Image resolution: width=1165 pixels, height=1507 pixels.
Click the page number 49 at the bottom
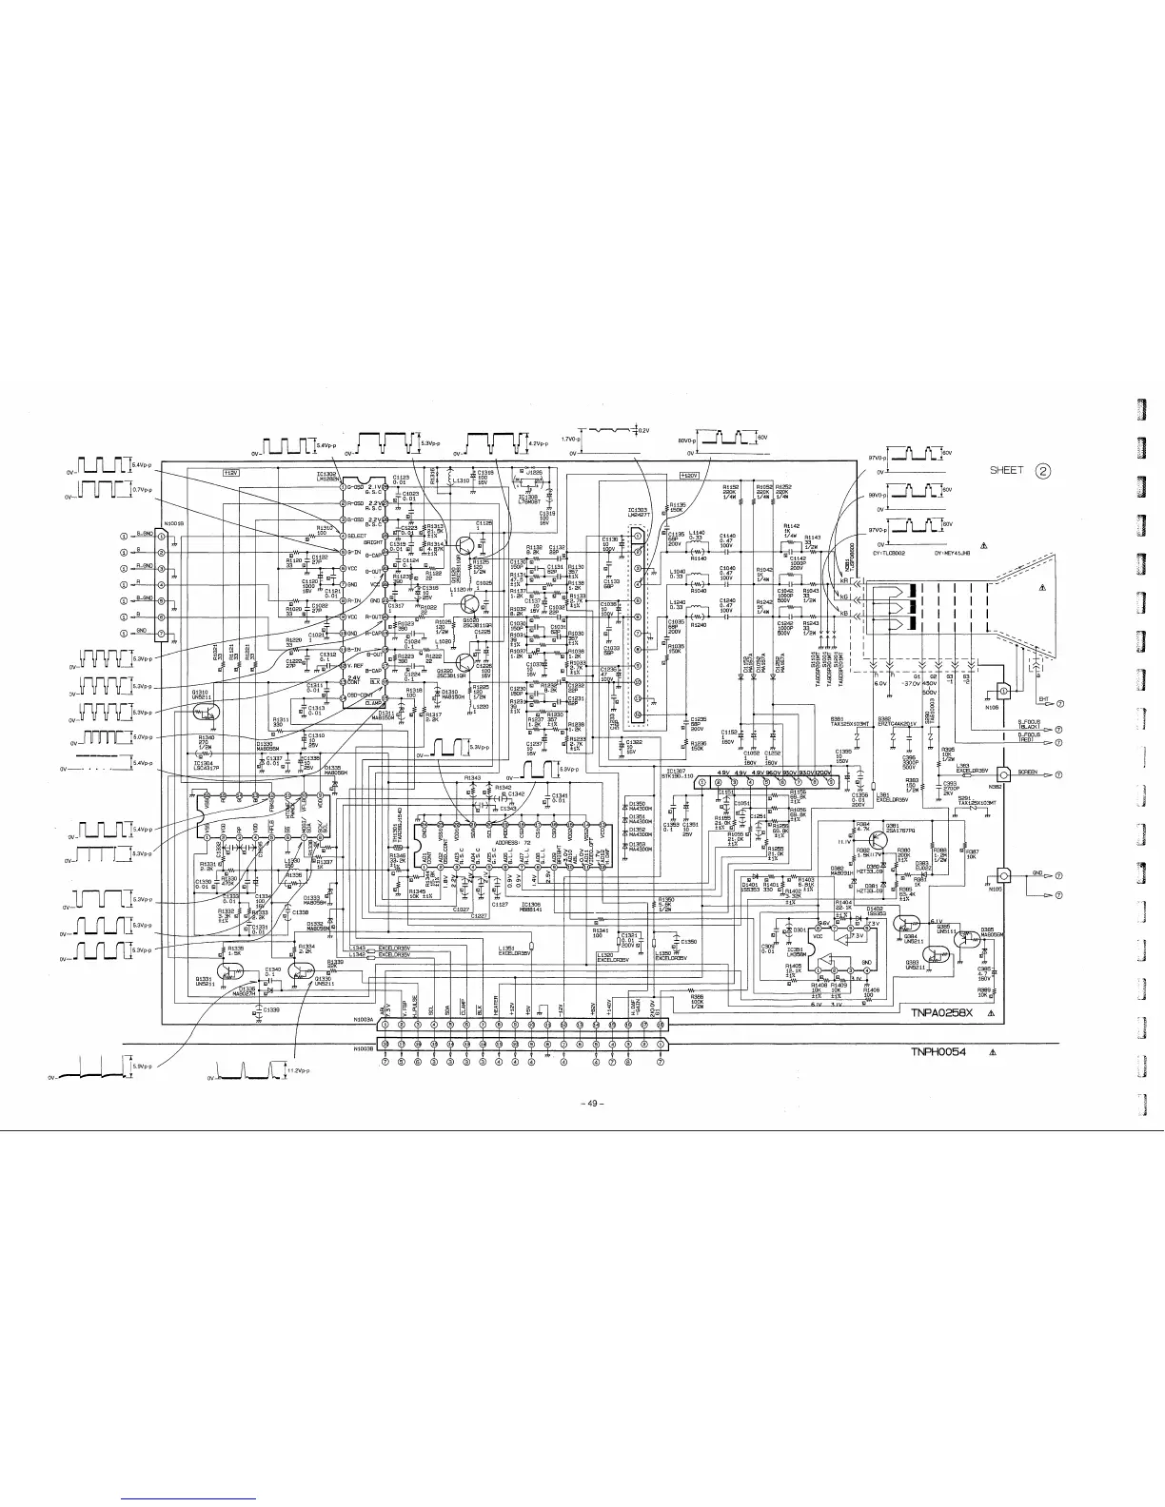click(591, 1104)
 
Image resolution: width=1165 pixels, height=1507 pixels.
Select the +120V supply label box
click(689, 475)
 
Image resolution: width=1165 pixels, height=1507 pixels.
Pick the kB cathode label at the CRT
click(843, 614)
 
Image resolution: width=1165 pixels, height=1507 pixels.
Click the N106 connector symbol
click(1001, 692)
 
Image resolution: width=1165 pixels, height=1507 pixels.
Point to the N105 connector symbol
click(1001, 875)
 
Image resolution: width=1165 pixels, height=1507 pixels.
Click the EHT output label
click(1043, 701)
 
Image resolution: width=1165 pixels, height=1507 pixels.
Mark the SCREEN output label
click(1028, 772)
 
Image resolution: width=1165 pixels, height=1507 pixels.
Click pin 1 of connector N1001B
click(161, 536)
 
